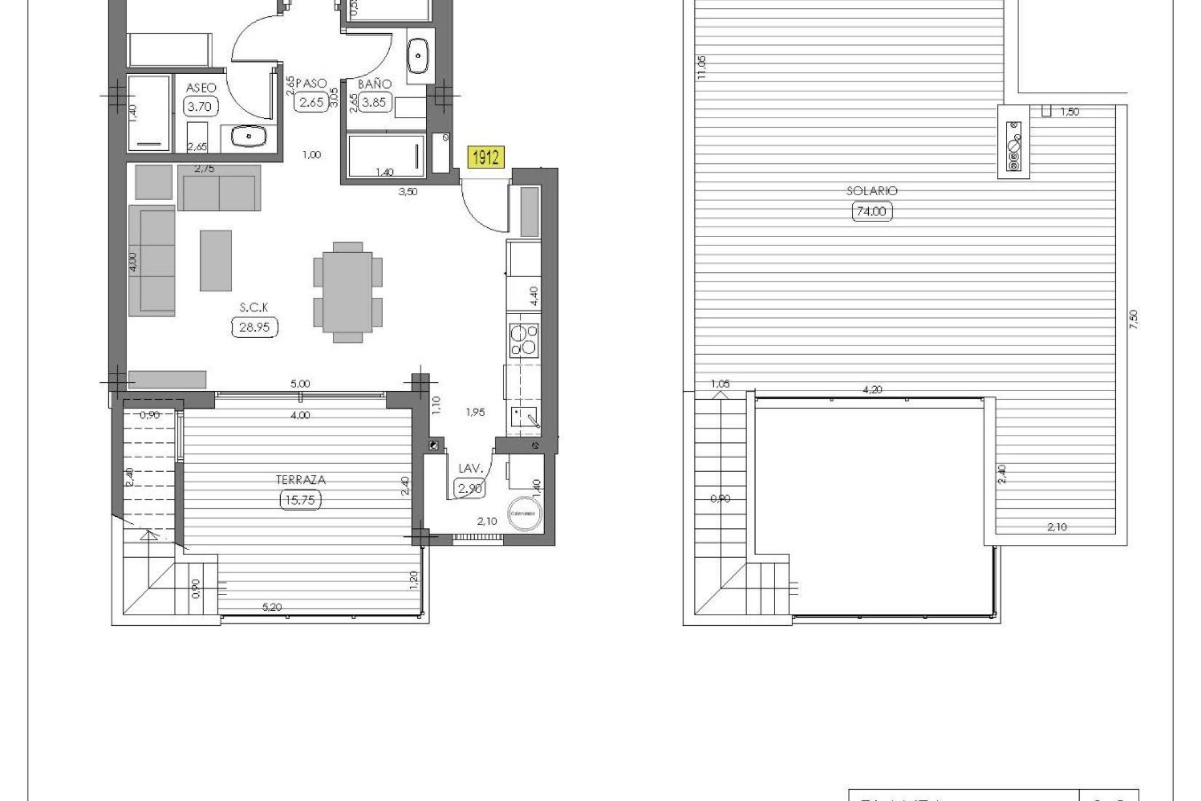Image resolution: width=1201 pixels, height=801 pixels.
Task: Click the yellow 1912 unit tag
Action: click(485, 157)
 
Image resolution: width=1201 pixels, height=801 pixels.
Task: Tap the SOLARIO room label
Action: click(872, 191)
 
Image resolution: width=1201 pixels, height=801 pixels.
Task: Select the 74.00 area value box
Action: click(872, 212)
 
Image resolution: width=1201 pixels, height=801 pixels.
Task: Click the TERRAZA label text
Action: click(301, 480)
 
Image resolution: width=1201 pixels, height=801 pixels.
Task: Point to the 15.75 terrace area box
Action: click(301, 500)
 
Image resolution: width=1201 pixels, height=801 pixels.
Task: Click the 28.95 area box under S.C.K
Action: click(255, 327)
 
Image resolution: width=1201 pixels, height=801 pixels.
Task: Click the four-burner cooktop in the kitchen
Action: click(524, 340)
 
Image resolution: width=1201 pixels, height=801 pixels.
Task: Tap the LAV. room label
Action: click(470, 468)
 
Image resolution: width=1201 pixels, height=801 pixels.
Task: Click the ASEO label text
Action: click(201, 88)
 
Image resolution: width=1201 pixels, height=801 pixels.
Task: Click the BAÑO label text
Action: click(375, 84)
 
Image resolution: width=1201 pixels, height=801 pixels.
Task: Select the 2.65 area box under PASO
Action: click(311, 102)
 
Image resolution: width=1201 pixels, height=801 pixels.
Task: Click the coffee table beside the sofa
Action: click(216, 260)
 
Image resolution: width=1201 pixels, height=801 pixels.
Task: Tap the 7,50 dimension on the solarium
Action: click(1134, 320)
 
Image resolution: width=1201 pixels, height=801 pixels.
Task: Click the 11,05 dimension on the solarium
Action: click(701, 67)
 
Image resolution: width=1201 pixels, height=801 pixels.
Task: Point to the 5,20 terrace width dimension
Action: click(272, 607)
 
